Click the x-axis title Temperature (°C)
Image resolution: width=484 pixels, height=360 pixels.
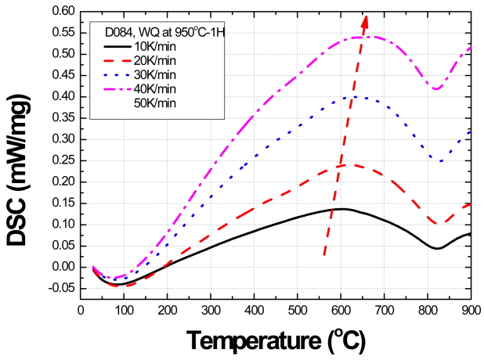click(276, 340)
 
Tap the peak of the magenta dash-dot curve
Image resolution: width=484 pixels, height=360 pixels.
click(362, 36)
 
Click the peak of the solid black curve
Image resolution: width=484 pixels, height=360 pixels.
click(341, 208)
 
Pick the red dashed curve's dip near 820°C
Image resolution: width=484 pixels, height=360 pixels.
click(437, 224)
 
